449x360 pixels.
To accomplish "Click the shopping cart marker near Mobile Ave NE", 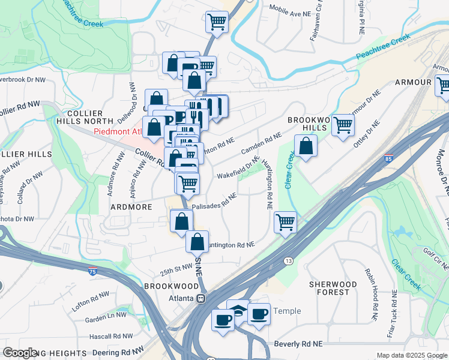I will coord(217,22).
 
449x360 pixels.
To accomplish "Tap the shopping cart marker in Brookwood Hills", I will coord(343,125).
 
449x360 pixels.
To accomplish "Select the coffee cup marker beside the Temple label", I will coord(259,313).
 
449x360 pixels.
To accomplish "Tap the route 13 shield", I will coord(289,261).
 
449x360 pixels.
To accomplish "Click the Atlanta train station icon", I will coord(201,298).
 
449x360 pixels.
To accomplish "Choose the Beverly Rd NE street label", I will coord(298,344).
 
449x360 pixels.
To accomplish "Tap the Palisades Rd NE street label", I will coord(215,202).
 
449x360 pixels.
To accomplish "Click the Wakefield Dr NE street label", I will coord(238,169).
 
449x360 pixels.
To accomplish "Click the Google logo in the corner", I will coord(20,353).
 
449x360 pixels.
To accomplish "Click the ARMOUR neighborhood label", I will coord(413,82).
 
